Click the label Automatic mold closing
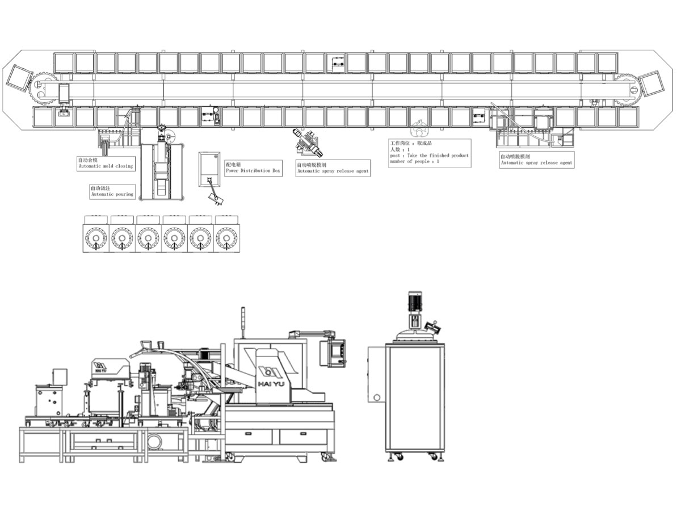(x=106, y=166)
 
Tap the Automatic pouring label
(x=112, y=194)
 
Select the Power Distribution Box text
(x=253, y=170)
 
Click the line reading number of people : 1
(x=415, y=161)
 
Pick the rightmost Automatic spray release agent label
(x=536, y=163)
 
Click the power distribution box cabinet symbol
(x=209, y=169)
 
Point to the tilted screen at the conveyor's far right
(x=652, y=83)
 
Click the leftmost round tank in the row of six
(x=96, y=238)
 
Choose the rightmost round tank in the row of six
(x=226, y=238)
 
